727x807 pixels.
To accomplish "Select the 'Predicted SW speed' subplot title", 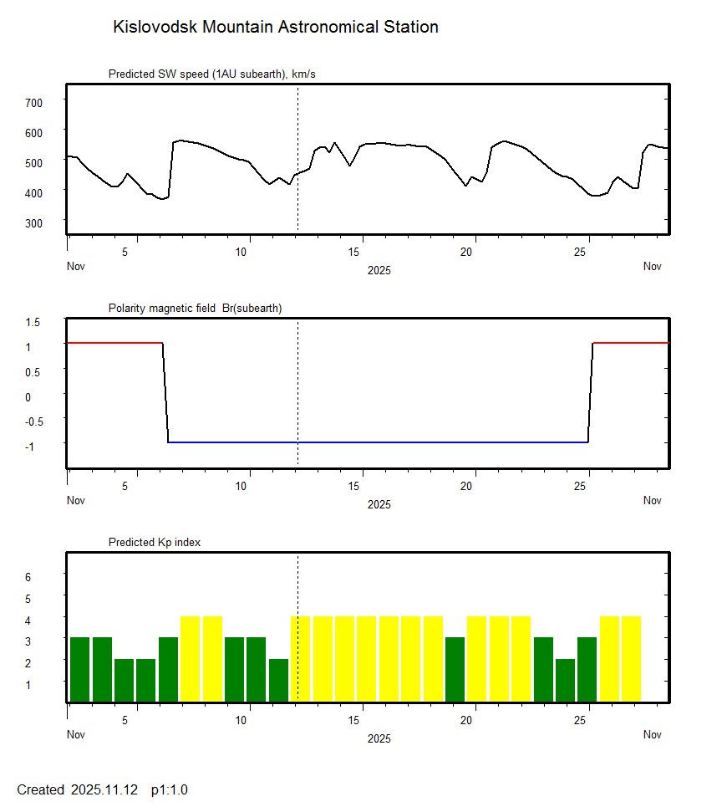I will point(211,74).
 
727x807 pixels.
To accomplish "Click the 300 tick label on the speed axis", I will point(33,222).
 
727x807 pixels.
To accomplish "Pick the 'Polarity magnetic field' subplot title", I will point(195,309).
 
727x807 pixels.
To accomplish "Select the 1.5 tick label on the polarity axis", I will point(33,322).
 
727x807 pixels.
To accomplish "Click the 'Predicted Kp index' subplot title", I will point(155,543).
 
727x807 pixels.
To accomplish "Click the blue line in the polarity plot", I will point(376,442).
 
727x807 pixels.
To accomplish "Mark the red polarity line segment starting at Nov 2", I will point(114,343).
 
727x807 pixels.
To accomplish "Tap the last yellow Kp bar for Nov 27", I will point(631,659).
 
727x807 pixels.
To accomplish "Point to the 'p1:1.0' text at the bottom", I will point(170,789).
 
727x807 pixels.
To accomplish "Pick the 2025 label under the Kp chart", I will point(379,738).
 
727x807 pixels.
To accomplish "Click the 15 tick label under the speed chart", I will point(355,252).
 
